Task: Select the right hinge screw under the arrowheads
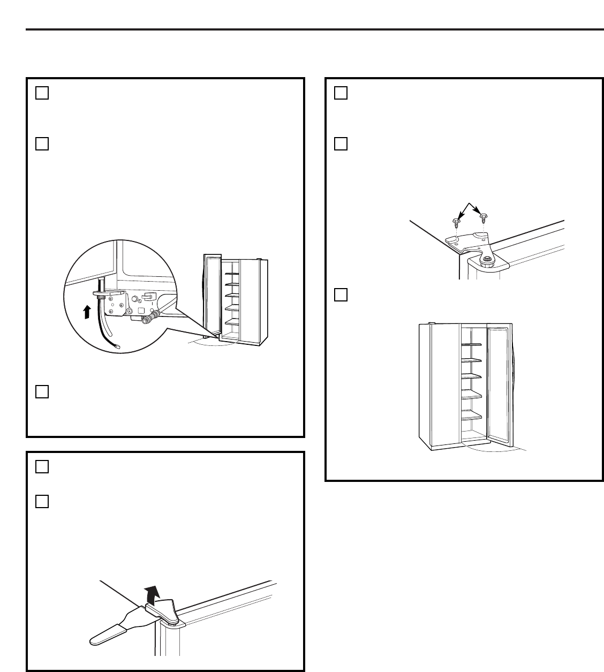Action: pyautogui.click(x=484, y=218)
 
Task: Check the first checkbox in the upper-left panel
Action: pyautogui.click(x=42, y=93)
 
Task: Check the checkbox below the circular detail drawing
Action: pyautogui.click(x=42, y=392)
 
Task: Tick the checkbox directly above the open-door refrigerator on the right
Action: pyautogui.click(x=341, y=295)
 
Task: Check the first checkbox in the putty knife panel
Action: pyautogui.click(x=42, y=467)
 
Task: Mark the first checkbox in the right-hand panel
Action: pyautogui.click(x=341, y=93)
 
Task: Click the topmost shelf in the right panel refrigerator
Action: pyautogui.click(x=471, y=345)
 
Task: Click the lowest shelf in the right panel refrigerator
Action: pyautogui.click(x=471, y=416)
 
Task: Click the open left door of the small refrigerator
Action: pyautogui.click(x=212, y=295)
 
